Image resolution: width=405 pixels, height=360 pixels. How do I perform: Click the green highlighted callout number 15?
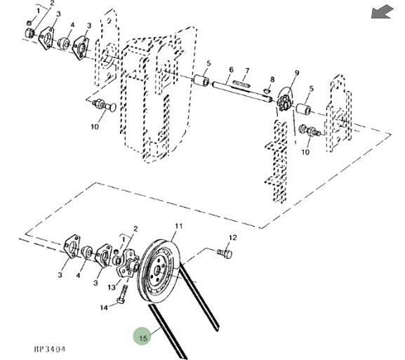point(142,338)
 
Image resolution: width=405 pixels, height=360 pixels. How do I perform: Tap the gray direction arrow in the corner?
point(383,13)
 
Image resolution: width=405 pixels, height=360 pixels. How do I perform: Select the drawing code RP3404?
point(50,349)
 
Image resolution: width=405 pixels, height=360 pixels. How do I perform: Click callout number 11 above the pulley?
point(179,226)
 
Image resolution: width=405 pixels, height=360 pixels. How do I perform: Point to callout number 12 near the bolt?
point(233,238)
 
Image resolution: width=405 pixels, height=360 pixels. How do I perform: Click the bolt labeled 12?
point(225,253)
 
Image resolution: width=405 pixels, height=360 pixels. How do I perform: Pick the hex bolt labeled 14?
point(122,295)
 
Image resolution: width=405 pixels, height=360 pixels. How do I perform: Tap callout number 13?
point(112,287)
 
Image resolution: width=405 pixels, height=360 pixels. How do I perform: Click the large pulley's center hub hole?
point(157,271)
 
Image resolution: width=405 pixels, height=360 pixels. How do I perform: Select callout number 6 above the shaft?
point(231,69)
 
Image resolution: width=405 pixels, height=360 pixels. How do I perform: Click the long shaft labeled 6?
point(241,92)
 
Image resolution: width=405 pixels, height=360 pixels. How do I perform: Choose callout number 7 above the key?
point(247,70)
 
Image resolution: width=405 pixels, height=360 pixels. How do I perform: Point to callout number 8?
point(272,79)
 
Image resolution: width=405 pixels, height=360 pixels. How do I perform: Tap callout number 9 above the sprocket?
point(297,73)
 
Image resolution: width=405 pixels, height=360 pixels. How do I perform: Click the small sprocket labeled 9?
point(284,102)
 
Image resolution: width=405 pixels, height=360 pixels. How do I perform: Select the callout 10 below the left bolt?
point(95,126)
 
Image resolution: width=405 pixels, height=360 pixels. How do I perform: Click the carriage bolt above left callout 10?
point(105,105)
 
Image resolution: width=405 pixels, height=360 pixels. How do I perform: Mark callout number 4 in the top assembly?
point(72,25)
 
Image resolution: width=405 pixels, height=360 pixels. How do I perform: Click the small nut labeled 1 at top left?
point(29,22)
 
